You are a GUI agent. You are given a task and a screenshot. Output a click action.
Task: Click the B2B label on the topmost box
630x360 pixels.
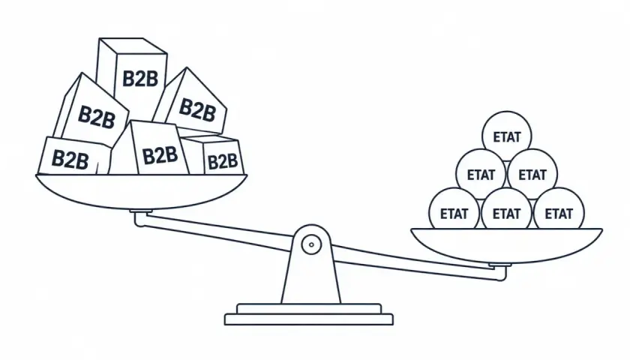140,79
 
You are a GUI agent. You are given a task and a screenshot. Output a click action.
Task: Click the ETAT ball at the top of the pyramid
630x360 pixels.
507,136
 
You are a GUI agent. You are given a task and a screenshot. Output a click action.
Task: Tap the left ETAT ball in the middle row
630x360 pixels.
481,174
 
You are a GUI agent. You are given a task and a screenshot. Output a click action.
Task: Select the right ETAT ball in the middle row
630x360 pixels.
532,174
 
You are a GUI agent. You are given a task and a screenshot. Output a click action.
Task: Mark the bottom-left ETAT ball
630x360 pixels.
454,212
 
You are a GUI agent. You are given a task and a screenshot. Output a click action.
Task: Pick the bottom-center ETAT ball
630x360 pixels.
507,212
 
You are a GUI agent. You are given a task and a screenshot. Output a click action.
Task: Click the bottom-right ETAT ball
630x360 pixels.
559,212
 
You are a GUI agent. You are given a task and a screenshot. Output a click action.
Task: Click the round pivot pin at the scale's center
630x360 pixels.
311,244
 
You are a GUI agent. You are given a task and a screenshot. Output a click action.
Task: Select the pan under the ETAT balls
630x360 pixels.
506,246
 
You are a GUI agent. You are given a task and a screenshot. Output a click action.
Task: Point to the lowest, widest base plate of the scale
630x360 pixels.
308,319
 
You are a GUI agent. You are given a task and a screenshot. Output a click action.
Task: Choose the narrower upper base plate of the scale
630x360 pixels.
308,308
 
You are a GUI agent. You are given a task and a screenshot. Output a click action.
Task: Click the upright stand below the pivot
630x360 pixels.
311,277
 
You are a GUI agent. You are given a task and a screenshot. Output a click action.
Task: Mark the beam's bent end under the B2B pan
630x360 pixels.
139,219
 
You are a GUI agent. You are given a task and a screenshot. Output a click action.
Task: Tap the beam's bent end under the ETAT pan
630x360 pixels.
502,274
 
